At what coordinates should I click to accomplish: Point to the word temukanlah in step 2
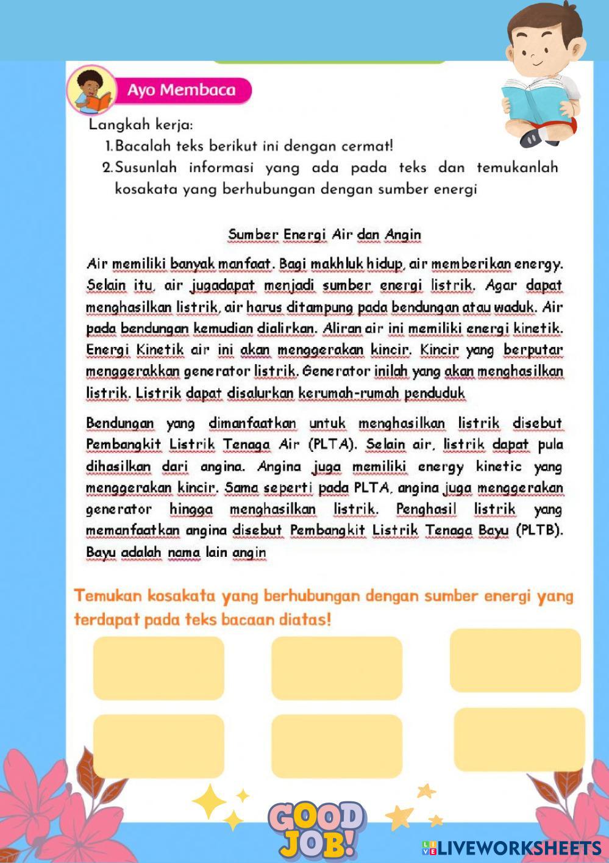click(x=517, y=168)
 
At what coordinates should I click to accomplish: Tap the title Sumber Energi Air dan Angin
click(x=324, y=235)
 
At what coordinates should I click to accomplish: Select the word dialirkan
click(x=286, y=329)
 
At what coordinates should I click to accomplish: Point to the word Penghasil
click(x=426, y=509)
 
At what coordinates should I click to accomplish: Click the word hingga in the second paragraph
click(x=191, y=509)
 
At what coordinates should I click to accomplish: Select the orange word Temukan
click(x=107, y=596)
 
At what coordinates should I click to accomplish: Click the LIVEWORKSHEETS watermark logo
click(x=511, y=848)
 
